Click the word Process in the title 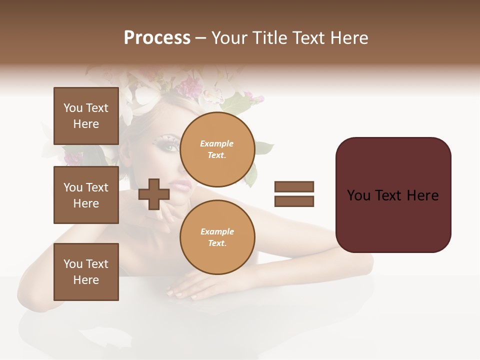pyautogui.click(x=157, y=38)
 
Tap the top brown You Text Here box pyautogui.click(x=86, y=116)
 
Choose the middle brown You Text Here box pyautogui.click(x=86, y=195)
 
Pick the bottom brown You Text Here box pyautogui.click(x=86, y=271)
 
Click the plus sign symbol pyautogui.click(x=153, y=194)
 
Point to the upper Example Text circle pyautogui.click(x=217, y=149)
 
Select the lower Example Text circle pyautogui.click(x=217, y=237)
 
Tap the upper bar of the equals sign pyautogui.click(x=294, y=186)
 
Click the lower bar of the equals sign pyautogui.click(x=294, y=201)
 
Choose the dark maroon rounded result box pyautogui.click(x=393, y=194)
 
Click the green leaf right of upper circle pyautogui.click(x=263, y=148)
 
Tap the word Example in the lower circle pyautogui.click(x=217, y=231)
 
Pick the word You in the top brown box pyautogui.click(x=73, y=108)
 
